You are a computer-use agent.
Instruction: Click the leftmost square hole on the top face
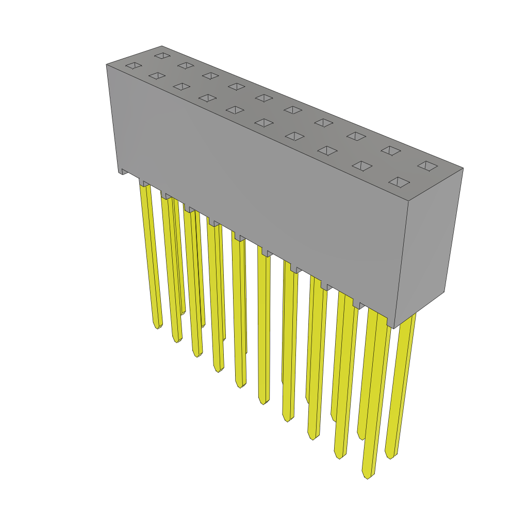click(134, 65)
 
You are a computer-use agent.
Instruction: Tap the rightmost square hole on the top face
click(427, 166)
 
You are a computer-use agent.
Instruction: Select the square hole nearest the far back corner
click(162, 55)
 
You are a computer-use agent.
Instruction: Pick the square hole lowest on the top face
click(399, 182)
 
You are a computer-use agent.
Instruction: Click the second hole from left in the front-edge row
click(157, 76)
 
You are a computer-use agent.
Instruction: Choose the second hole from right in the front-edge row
click(362, 166)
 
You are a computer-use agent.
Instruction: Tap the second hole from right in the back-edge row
click(391, 151)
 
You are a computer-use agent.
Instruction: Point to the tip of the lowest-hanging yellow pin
click(367, 475)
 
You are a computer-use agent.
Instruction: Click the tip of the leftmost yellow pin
click(157, 326)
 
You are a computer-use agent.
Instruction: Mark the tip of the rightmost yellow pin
click(390, 456)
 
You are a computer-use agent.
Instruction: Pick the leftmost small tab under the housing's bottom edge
click(124, 172)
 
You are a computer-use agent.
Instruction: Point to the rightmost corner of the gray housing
click(463, 168)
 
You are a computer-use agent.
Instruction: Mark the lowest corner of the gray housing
click(394, 328)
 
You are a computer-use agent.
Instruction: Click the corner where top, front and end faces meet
click(408, 201)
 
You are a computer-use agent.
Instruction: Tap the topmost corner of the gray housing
click(161, 46)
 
